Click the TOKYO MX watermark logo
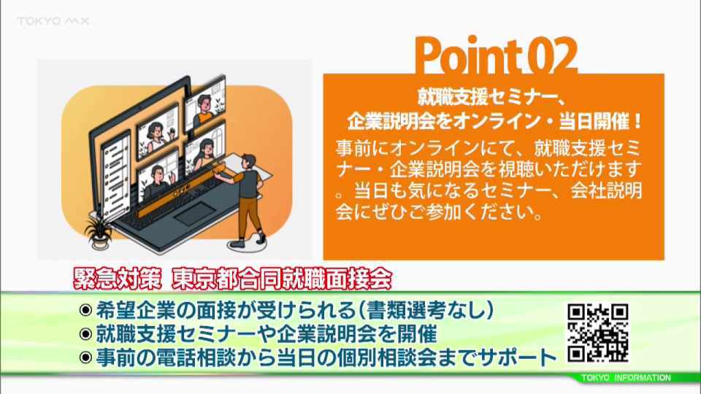pos(53,21)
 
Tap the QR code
pos(598,333)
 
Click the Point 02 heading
pos(496,56)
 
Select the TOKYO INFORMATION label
pos(626,378)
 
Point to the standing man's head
pos(248,162)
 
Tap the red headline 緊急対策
pos(117,279)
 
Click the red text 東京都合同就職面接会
pos(282,279)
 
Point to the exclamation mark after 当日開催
pos(637,121)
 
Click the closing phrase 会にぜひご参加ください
pos(439,212)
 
